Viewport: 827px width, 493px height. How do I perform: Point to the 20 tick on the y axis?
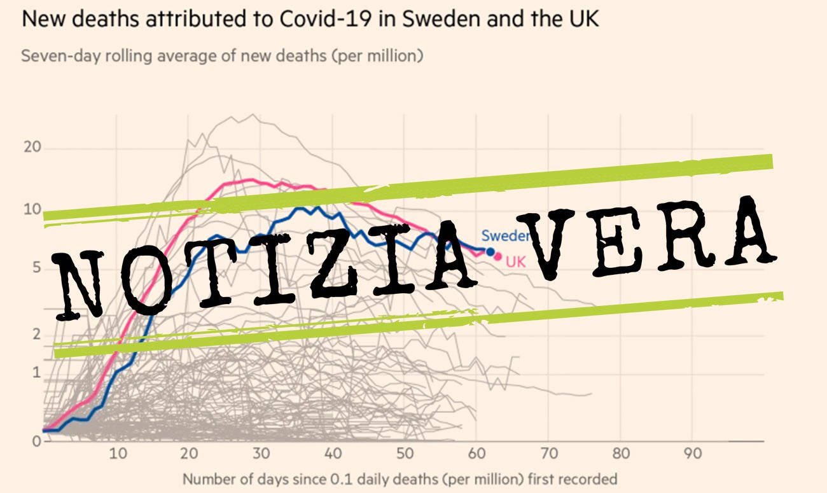point(32,148)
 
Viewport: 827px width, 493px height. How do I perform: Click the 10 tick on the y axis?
point(32,210)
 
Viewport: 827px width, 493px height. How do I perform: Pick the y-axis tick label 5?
point(36,268)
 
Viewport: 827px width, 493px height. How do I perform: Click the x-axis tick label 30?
point(260,454)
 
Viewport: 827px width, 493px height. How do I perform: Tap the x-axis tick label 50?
point(403,454)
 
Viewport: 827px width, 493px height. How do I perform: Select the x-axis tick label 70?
point(548,454)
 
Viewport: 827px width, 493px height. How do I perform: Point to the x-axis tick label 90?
point(692,454)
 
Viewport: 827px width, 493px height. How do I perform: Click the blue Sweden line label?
point(505,236)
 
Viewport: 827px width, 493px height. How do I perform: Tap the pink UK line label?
point(515,261)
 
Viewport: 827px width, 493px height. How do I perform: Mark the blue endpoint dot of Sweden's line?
point(490,252)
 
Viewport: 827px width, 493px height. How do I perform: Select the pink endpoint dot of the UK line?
point(498,257)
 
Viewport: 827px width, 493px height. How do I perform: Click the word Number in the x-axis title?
point(206,478)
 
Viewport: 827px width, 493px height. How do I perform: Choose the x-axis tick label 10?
point(116,454)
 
